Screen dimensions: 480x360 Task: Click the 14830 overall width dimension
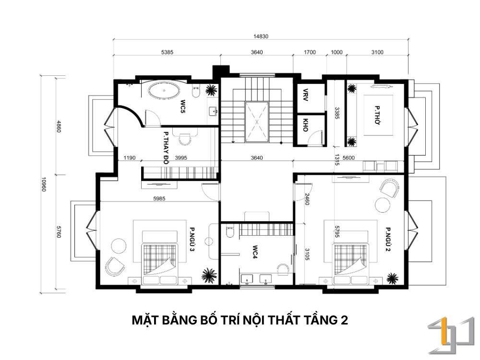(x=261, y=36)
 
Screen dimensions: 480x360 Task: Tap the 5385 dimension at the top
(x=167, y=52)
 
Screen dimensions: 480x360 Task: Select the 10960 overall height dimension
(x=44, y=184)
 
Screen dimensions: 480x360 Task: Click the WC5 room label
(x=183, y=106)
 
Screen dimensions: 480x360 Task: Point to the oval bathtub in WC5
(x=164, y=91)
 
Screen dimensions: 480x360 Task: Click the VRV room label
(x=305, y=95)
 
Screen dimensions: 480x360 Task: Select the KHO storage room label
(x=305, y=125)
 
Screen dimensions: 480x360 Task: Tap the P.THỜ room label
(x=377, y=115)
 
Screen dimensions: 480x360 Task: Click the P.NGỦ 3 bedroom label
(x=192, y=239)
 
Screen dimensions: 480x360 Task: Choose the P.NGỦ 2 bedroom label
(x=388, y=239)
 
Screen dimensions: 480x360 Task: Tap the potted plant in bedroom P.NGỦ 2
(x=392, y=278)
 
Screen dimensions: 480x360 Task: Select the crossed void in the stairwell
(x=257, y=122)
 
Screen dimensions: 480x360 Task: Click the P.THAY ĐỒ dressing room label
(x=166, y=148)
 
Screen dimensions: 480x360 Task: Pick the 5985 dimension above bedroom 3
(x=159, y=199)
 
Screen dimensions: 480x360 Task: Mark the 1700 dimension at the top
(x=310, y=52)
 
